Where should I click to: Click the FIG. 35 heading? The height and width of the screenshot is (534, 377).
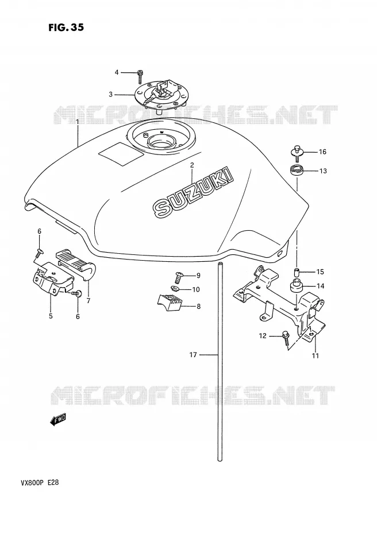(66, 28)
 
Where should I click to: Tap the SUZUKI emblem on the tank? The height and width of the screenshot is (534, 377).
(193, 192)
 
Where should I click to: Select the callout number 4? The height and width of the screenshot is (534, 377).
(117, 72)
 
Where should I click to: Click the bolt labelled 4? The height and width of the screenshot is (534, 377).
(140, 76)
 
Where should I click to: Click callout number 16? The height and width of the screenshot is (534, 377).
(322, 152)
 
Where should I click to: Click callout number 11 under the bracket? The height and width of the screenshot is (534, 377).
(316, 356)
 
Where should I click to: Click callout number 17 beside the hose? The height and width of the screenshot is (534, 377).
(193, 355)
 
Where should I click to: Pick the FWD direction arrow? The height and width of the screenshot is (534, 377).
(58, 420)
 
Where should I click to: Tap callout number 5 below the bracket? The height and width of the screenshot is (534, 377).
(51, 316)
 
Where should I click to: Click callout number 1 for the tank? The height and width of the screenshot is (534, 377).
(77, 122)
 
